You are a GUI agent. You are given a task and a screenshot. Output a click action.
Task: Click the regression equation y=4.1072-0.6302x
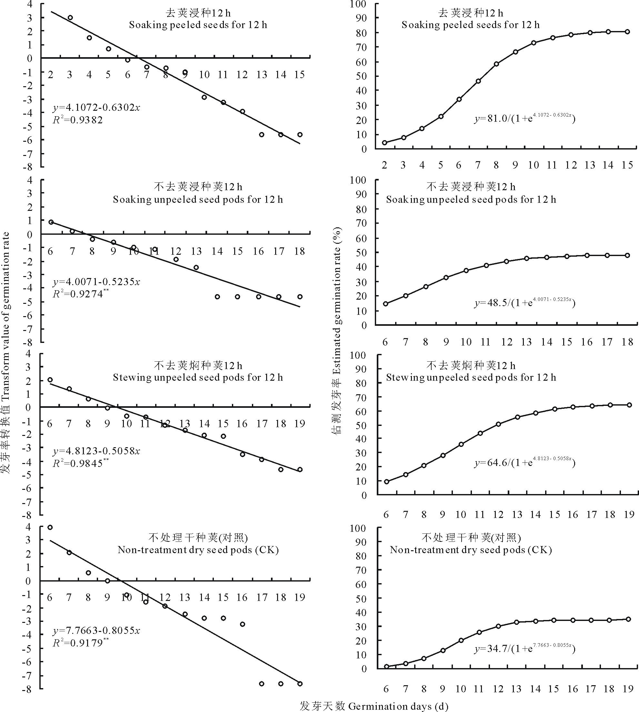point(96,107)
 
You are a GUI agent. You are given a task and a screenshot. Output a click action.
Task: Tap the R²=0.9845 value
point(80,463)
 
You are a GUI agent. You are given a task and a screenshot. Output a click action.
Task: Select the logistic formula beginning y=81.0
point(524,119)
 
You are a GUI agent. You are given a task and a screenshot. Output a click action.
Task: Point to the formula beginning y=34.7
point(524,648)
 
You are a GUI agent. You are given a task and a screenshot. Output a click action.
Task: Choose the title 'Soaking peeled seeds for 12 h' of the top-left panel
point(198,25)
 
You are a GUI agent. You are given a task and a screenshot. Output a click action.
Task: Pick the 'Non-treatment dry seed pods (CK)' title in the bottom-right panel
point(471,550)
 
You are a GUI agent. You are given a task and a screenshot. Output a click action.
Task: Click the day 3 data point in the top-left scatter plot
point(70,17)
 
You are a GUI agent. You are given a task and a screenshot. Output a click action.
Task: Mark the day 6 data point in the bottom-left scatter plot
point(50,527)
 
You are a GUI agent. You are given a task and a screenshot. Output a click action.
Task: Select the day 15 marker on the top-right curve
point(627,32)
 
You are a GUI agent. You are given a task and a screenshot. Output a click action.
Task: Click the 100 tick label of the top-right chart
point(358,4)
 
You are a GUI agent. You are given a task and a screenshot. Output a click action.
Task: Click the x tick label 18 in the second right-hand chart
point(627,342)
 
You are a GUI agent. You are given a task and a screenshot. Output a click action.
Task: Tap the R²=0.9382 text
point(78,120)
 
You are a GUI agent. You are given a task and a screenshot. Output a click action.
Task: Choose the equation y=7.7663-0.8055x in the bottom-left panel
point(96,631)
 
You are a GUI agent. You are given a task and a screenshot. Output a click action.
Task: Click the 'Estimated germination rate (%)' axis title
point(337,330)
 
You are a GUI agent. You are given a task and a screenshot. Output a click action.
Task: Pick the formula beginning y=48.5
point(524,303)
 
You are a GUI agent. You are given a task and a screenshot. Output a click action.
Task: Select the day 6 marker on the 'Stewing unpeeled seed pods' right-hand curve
point(386,481)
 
